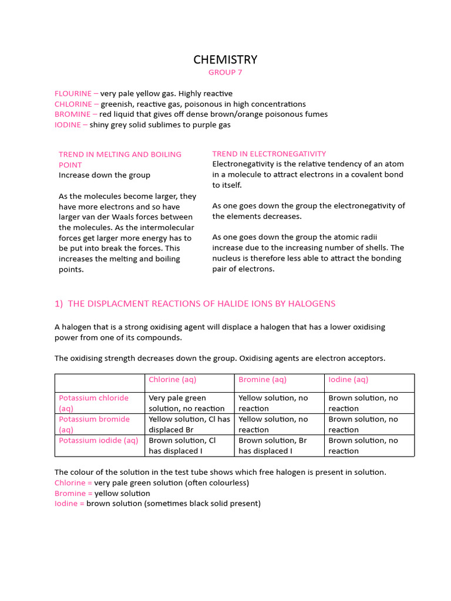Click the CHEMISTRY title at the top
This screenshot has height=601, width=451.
(225, 59)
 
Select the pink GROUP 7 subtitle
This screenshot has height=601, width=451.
(225, 73)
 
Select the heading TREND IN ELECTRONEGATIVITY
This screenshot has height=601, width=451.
(269, 154)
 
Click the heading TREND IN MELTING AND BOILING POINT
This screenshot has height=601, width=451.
(120, 160)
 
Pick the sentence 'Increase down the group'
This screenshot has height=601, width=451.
(105, 175)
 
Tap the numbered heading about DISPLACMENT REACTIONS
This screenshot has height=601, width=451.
(195, 303)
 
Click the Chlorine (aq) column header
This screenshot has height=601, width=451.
(173, 380)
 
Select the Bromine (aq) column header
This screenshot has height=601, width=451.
(262, 380)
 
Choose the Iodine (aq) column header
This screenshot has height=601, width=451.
(348, 380)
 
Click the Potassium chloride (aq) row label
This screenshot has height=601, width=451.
(93, 403)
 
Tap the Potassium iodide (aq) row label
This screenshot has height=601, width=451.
(98, 440)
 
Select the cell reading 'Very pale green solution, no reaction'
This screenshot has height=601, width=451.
(187, 403)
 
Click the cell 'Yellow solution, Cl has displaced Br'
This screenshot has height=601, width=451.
(189, 424)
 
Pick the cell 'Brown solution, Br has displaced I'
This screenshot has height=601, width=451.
(272, 445)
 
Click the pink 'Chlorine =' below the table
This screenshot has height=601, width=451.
(73, 483)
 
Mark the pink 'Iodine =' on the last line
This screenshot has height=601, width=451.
(69, 504)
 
